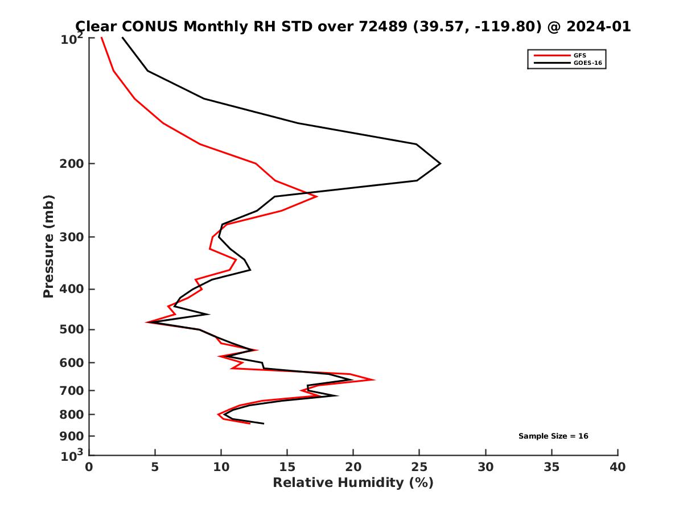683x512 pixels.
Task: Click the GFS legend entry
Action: pos(581,55)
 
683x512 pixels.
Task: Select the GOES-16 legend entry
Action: pos(587,63)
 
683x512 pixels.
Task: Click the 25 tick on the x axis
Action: pos(419,467)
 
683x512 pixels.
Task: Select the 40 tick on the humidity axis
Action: pos(618,467)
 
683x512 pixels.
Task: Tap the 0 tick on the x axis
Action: pos(89,467)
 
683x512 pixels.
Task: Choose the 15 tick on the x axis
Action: pos(287,467)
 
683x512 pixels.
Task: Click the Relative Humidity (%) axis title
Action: pos(353,483)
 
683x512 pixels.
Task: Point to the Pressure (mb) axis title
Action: pos(48,246)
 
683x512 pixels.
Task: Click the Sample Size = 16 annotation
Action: pos(553,436)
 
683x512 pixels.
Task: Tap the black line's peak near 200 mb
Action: pos(440,164)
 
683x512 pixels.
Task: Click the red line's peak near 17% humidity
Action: pos(316,196)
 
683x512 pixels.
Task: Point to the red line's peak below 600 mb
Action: pos(374,379)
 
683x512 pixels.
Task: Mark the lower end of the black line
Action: pos(264,423)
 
